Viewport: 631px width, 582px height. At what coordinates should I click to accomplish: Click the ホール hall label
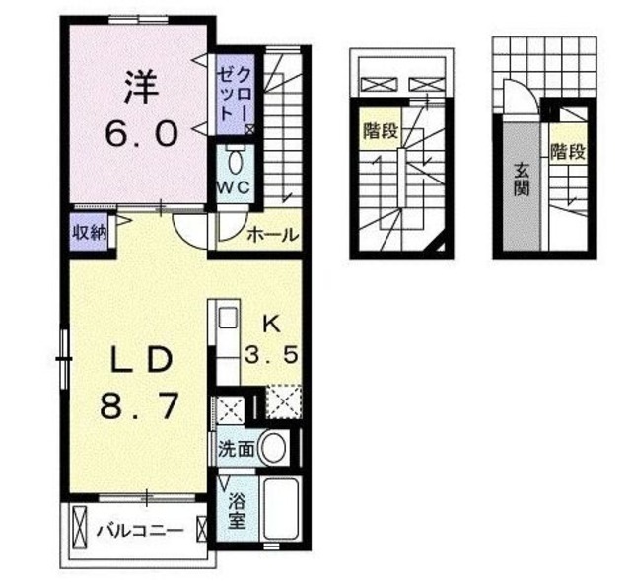[x=266, y=236]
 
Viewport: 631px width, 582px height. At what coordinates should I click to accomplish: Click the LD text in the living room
[x=142, y=360]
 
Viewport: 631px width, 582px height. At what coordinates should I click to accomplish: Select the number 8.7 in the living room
[x=142, y=404]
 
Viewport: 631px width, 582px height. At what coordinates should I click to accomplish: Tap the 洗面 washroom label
[x=237, y=449]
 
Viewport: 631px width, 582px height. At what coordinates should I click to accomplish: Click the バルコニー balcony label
[x=139, y=531]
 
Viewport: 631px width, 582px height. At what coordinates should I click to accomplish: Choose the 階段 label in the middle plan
[x=380, y=129]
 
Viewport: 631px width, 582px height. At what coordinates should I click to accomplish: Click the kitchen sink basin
[x=227, y=320]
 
